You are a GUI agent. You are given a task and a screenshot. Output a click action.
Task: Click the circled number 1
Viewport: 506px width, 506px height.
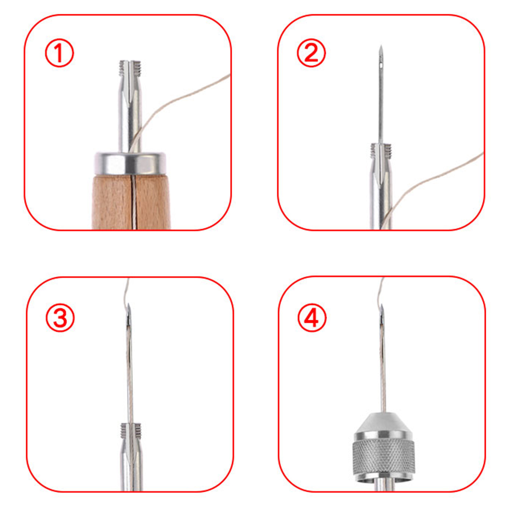59,53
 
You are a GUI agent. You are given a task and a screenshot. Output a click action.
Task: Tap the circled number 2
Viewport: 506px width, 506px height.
311,53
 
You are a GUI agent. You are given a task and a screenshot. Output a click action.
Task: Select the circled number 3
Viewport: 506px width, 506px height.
60,318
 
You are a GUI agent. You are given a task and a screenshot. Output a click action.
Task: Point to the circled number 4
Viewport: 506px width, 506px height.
312,318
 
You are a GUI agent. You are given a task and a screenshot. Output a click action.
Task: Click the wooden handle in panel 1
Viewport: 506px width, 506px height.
131,202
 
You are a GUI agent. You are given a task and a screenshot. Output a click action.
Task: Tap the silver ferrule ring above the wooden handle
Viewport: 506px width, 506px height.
130,163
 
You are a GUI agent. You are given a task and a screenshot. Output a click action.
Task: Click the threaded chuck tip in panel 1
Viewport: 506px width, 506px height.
130,68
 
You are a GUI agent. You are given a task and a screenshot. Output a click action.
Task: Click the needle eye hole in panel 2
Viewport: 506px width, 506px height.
381,66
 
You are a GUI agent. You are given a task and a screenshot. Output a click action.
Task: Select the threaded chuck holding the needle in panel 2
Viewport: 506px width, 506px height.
381,151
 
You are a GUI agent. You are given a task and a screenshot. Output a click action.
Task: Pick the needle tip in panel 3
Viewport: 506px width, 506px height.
128,305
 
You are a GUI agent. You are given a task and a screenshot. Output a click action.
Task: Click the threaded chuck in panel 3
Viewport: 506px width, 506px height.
131,430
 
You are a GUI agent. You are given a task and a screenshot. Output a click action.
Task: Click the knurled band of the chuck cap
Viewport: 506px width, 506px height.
383,456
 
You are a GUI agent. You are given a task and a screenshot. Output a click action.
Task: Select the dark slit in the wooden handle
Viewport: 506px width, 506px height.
132,202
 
